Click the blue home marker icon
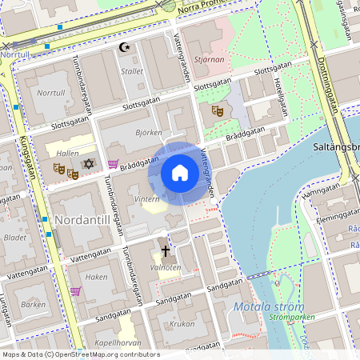(x=180, y=173)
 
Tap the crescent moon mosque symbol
(x=124, y=47)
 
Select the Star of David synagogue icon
(x=89, y=164)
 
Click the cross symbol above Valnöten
(x=165, y=250)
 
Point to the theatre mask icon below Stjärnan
(x=217, y=111)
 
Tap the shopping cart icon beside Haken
(x=75, y=291)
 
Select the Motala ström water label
(x=269, y=307)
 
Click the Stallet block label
(x=132, y=71)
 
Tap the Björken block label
(x=149, y=133)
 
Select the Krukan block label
(x=183, y=325)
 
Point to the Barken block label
(x=33, y=304)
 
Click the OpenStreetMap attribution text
(x=80, y=354)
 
